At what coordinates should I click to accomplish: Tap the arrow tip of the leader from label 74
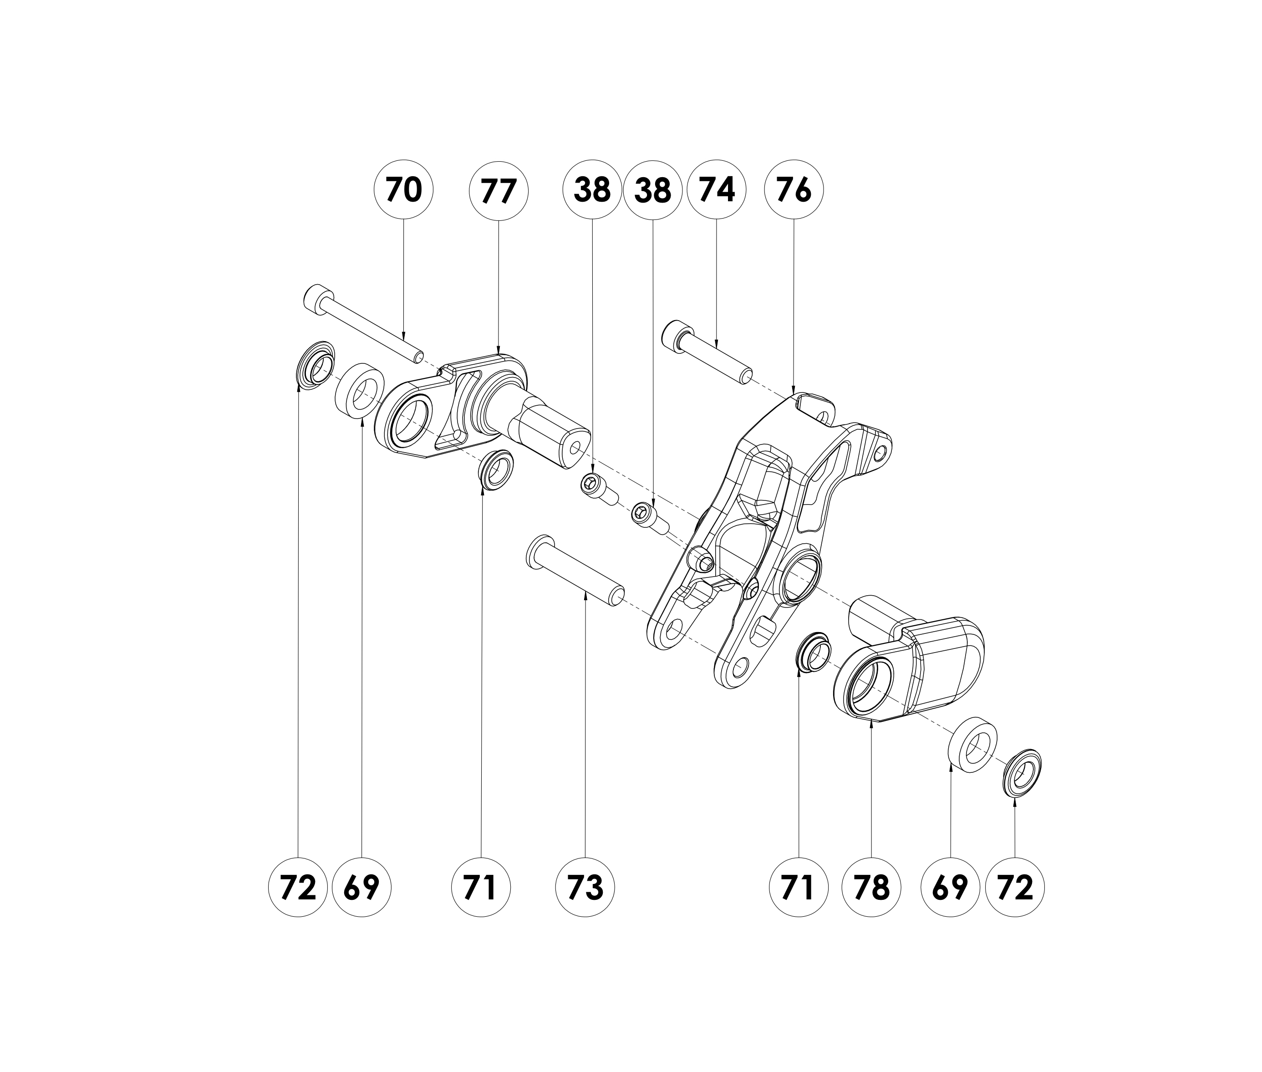pyautogui.click(x=717, y=347)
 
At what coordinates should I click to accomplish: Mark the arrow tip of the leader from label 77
pyautogui.click(x=498, y=354)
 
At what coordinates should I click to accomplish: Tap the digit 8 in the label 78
pyautogui.click(x=881, y=888)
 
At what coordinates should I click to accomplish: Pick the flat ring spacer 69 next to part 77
pyautogui.click(x=359, y=391)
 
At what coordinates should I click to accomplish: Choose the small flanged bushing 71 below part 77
pyautogui.click(x=496, y=469)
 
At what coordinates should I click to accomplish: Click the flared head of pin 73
pyautogui.click(x=534, y=552)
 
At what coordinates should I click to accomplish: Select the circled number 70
pyautogui.click(x=403, y=190)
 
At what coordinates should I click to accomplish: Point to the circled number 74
pyautogui.click(x=717, y=190)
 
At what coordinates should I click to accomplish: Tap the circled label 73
pyautogui.click(x=585, y=888)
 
